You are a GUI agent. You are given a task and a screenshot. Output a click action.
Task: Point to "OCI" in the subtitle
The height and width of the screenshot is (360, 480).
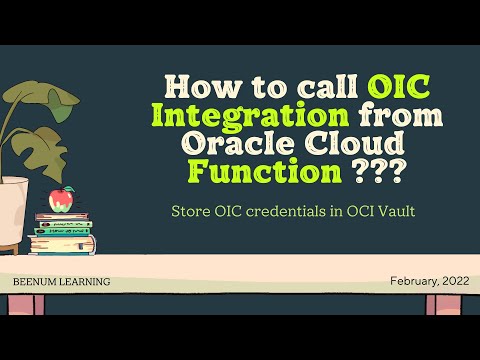tap(346, 211)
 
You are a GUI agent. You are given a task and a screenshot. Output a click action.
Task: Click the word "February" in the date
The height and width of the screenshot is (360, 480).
tap(409, 281)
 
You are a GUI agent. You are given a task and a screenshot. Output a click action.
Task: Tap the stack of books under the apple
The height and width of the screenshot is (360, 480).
tap(63, 234)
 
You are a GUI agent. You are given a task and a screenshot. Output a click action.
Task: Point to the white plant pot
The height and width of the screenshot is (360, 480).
tap(13, 210)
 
